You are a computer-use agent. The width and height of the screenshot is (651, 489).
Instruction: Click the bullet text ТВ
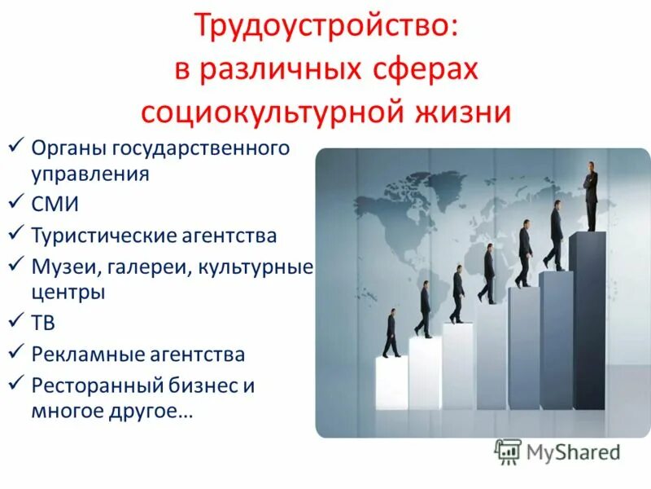tap(44, 324)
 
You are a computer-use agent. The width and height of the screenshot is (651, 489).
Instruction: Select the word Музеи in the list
tap(62, 266)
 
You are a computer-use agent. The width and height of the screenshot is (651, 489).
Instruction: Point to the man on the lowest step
tap(391, 333)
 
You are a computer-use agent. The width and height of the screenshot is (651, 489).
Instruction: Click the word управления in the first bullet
tap(90, 174)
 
